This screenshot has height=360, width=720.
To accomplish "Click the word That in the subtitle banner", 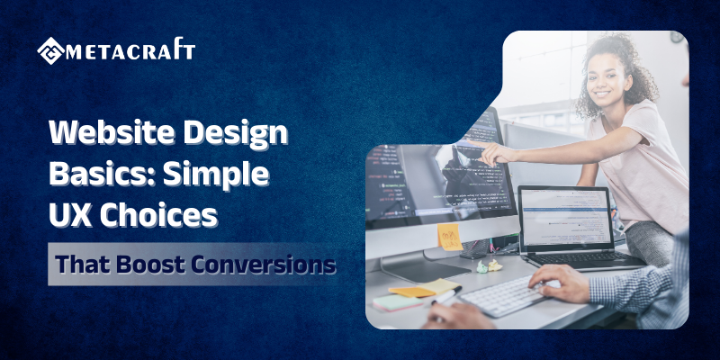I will [x=78, y=265].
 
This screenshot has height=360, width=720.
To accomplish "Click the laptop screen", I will [x=566, y=219].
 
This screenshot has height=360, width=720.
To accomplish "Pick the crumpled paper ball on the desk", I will [x=494, y=265].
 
